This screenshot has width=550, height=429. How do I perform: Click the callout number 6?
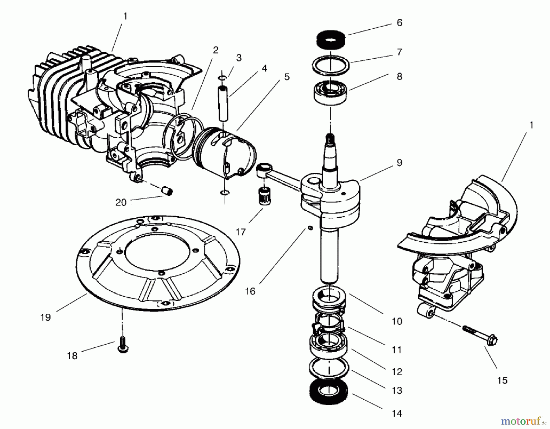point(399,23)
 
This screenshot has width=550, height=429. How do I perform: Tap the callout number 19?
point(45,317)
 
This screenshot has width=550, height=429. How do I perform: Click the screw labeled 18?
point(123,345)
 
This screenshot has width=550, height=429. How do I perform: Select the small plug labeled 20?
point(167,192)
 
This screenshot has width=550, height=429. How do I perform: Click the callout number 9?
point(399,163)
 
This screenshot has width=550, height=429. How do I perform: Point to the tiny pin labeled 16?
point(310,228)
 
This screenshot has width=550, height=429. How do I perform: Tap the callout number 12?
point(397,372)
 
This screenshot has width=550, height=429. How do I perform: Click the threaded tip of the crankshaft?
point(330,137)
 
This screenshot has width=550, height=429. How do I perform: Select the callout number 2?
point(216,50)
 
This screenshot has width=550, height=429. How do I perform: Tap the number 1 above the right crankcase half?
point(531,125)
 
